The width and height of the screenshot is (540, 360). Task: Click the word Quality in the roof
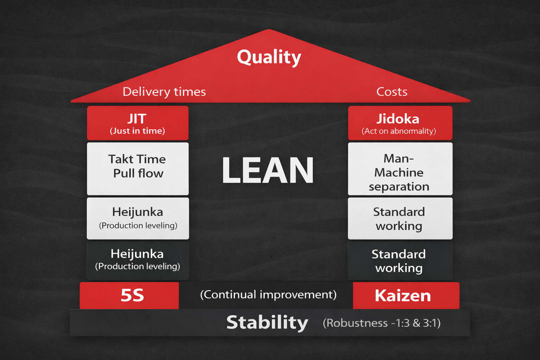coord(269,57)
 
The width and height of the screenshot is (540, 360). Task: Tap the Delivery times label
coord(164,92)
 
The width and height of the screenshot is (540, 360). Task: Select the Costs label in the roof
coord(392,92)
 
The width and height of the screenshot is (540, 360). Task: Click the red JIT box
coord(137,123)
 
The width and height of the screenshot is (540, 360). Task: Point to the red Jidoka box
coord(400,123)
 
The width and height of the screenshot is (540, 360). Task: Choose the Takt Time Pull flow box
coord(137,168)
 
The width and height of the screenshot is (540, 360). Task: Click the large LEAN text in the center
coord(268,171)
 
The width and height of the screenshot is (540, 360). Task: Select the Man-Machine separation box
coord(400,169)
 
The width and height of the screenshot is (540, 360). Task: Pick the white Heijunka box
coord(137,218)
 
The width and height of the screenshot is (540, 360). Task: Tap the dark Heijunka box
coord(137,260)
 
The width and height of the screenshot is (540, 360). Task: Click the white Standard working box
coord(400,218)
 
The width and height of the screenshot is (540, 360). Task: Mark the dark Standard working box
coord(400,261)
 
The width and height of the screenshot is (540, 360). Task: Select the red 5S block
coord(129,295)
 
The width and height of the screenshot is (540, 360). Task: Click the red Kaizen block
coord(406,295)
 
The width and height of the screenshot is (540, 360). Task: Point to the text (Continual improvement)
coord(268,295)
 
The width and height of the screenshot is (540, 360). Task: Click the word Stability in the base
coord(267,322)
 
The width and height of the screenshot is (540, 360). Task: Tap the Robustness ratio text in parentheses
coord(381,323)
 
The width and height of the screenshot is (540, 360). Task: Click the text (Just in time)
coord(137,131)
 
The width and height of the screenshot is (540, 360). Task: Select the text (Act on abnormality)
coord(399,131)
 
